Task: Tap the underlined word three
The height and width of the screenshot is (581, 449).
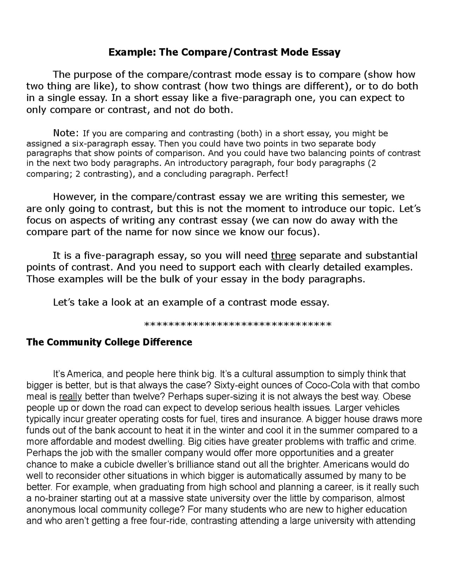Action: tap(283, 255)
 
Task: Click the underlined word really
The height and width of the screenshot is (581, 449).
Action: tap(71, 397)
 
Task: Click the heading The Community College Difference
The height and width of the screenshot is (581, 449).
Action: tap(109, 342)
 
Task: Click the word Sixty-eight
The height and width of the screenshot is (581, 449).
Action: tap(234, 385)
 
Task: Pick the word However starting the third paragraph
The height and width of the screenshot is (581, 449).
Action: tap(73, 197)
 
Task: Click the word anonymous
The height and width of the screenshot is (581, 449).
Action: tap(48, 510)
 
